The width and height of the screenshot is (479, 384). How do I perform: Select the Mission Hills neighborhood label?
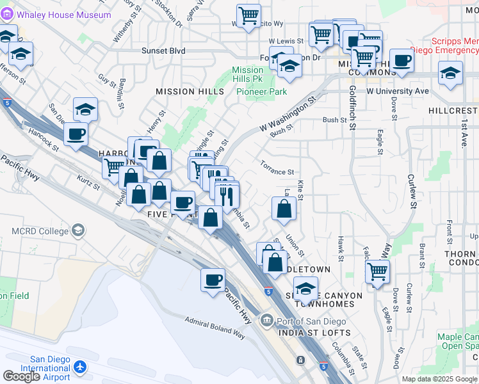tap(190, 92)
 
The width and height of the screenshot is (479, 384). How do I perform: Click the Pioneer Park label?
tap(262, 92)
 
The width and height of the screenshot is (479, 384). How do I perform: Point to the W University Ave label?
tap(397, 92)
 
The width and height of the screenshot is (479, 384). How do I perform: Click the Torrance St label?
tap(277, 172)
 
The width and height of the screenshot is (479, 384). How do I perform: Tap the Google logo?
tap(21, 376)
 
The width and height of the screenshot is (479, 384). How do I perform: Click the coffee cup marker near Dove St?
tap(402, 61)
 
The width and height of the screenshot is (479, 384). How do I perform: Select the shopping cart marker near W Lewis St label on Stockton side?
tap(248, 15)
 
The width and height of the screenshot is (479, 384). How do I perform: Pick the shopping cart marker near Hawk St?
tap(378, 271)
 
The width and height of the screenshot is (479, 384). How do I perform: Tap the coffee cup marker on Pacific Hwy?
tap(213, 280)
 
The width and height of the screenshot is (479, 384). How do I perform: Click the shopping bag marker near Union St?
tap(284, 209)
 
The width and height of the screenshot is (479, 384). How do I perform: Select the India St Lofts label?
tap(314, 333)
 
